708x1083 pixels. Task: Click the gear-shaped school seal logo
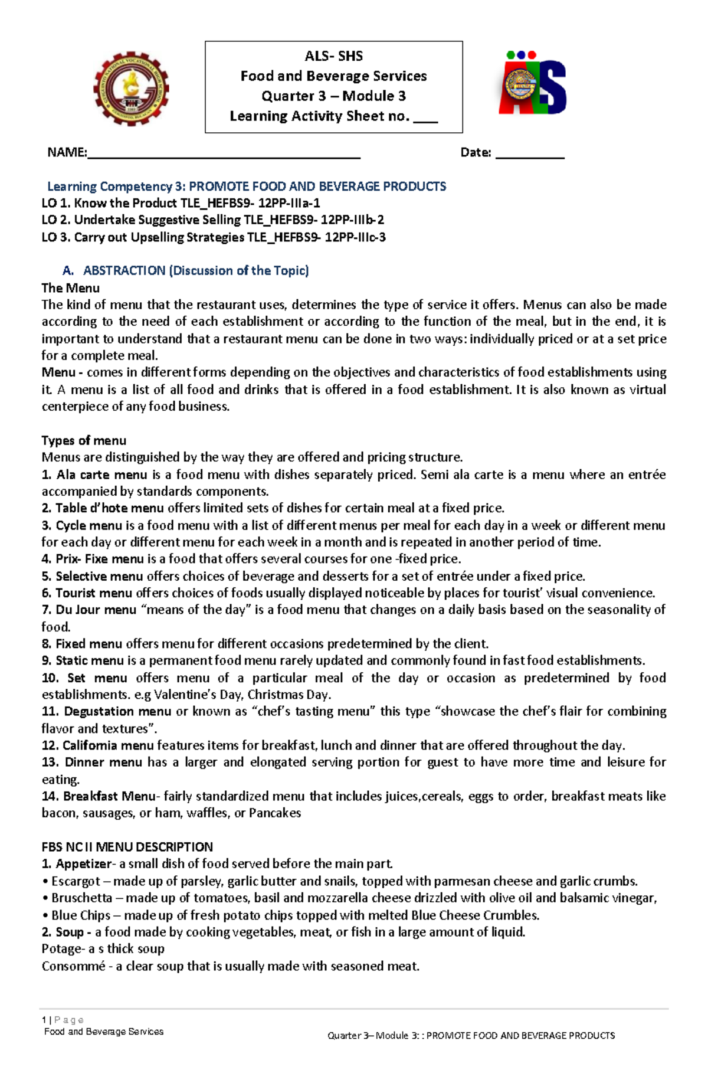pos(131,89)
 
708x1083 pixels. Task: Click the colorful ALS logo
pos(533,83)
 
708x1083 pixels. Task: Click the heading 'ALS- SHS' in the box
pos(333,56)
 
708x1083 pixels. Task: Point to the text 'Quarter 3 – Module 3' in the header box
pos(333,96)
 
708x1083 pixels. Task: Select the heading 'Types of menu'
pos(83,440)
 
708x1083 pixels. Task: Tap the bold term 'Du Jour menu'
pos(96,610)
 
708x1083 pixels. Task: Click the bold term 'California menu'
pos(107,745)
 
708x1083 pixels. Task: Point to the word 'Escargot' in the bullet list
pos(76,881)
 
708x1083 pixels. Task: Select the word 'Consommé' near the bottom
pos(73,966)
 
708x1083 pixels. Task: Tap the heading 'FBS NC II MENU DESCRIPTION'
pos(127,847)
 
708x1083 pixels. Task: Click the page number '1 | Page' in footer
pos(63,1020)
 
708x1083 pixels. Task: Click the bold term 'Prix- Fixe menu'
pos(99,559)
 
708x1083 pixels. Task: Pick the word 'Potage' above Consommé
pos(61,949)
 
